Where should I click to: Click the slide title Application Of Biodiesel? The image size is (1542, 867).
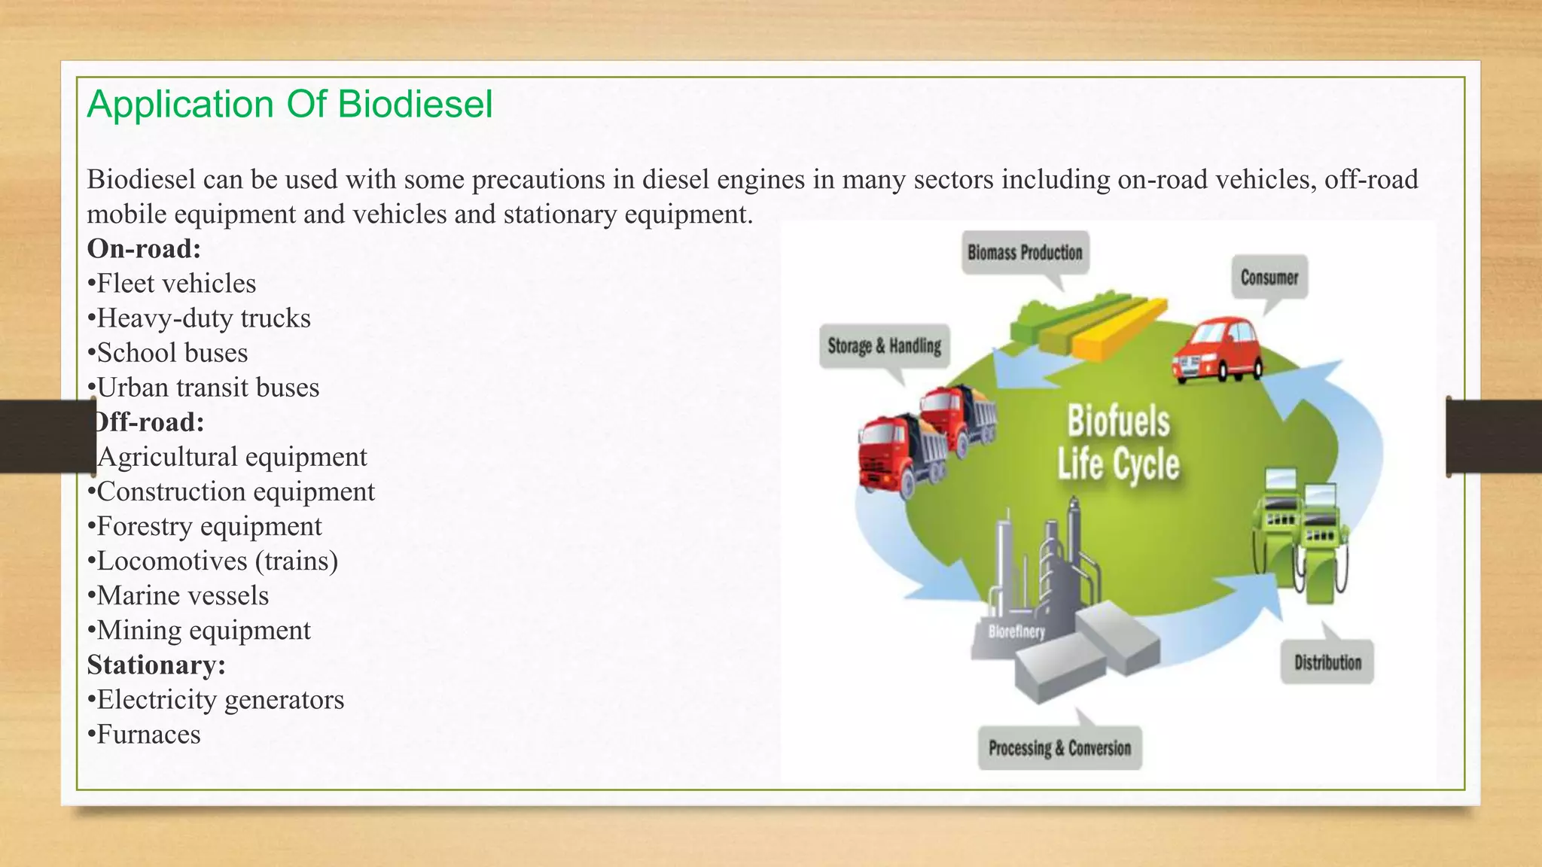(x=290, y=104)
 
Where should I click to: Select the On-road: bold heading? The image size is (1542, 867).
(x=144, y=248)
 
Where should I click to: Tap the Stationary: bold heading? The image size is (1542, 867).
(x=156, y=665)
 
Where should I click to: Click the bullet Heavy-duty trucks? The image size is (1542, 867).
(x=200, y=318)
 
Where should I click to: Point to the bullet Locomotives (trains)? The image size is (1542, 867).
(x=213, y=561)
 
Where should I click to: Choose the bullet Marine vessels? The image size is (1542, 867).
(x=178, y=595)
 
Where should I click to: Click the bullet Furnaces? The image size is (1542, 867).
(x=145, y=735)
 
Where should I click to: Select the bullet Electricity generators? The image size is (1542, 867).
(x=216, y=700)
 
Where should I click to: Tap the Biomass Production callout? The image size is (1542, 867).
(x=1025, y=253)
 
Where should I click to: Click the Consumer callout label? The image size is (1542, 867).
(x=1269, y=278)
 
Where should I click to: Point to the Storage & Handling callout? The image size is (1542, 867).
(x=884, y=346)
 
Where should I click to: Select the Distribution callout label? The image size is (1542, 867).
(x=1327, y=662)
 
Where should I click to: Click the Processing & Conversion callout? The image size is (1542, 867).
(x=1059, y=748)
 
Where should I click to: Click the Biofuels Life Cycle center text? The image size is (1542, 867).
(x=1118, y=443)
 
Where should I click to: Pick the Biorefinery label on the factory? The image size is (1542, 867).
(x=1016, y=631)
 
